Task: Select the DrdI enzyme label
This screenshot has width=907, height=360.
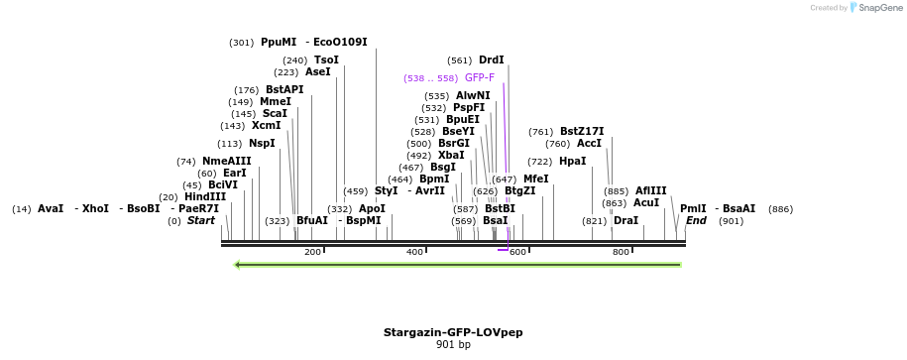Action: pos(491,60)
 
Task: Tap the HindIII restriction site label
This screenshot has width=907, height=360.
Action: pos(205,196)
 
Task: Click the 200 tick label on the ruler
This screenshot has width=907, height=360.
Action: pos(312,252)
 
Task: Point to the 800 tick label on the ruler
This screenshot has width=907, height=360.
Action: pos(621,252)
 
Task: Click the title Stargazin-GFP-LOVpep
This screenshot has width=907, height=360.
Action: pos(453,332)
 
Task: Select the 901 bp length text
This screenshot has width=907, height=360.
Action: pos(453,345)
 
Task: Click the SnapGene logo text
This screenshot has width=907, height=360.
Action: pos(878,8)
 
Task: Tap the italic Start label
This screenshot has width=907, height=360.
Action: pos(201,220)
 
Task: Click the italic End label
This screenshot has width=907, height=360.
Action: pos(696,220)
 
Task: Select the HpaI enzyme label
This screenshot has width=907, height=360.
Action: pos(572,161)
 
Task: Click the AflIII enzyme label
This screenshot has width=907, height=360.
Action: pos(651,190)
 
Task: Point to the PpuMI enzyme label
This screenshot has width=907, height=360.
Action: pos(279,42)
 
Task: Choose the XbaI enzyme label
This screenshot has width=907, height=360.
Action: pos(451,155)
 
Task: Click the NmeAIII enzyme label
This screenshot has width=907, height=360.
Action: pos(227,161)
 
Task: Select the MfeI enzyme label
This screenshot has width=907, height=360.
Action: pos(535,179)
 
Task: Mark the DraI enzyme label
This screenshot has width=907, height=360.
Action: pos(625,220)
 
